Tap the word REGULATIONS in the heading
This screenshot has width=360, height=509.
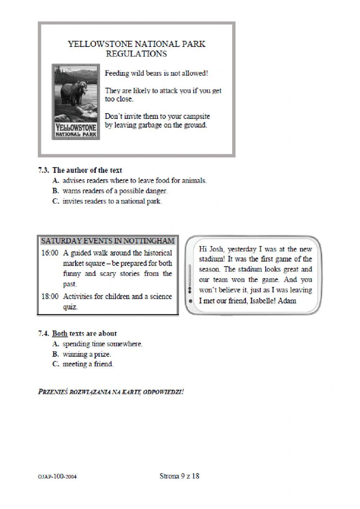pos(136,54)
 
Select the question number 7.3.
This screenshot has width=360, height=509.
pos(44,170)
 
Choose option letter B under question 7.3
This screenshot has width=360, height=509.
pos(55,191)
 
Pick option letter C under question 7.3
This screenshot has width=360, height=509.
pos(55,201)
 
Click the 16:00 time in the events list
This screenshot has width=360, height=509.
pos(50,253)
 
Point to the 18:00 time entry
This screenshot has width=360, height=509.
pos(50,296)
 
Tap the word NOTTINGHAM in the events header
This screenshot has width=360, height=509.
pos(152,241)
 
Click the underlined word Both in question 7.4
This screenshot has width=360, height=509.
pos(60,334)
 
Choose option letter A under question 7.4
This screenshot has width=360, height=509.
pos(55,344)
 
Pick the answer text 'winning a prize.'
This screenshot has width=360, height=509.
pos(87,354)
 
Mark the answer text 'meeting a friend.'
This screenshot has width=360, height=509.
pos(88,364)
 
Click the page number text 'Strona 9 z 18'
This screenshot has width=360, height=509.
pos(179,476)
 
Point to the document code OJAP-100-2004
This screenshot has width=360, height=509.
pos(57,477)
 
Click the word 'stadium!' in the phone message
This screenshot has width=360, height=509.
pos(212,259)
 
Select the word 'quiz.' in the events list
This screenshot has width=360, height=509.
pos(71,307)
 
